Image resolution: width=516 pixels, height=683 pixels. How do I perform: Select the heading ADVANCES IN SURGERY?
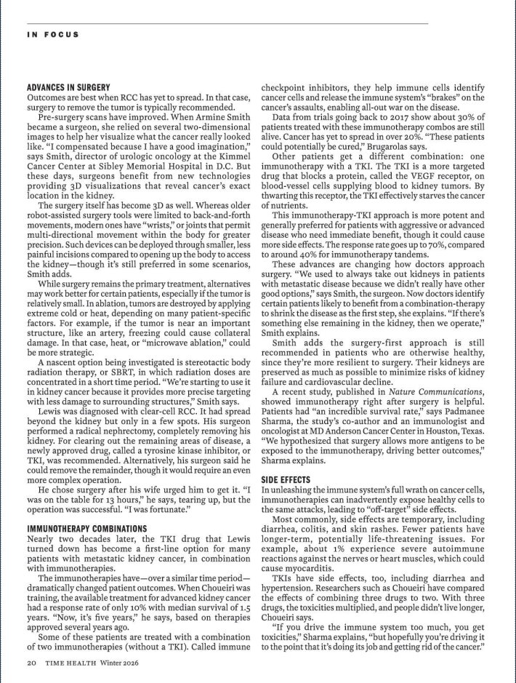[68, 87]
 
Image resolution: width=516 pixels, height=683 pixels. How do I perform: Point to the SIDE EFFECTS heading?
[286, 480]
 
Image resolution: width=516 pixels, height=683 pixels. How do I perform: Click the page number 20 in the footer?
[32, 663]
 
